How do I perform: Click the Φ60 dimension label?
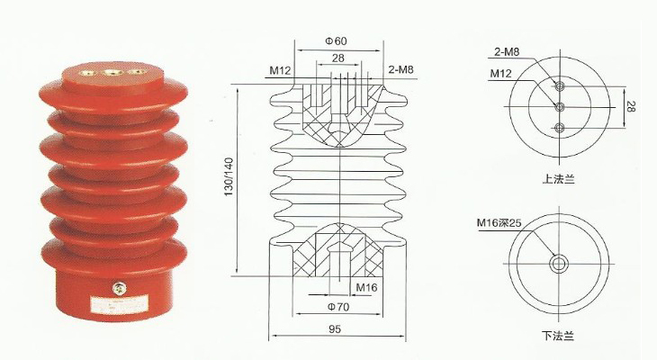point(335,41)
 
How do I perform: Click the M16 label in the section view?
point(366,288)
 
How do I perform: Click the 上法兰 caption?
point(560,180)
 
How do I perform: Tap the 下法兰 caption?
point(560,336)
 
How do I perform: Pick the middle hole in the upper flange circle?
point(560,106)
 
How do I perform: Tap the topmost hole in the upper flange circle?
point(560,86)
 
